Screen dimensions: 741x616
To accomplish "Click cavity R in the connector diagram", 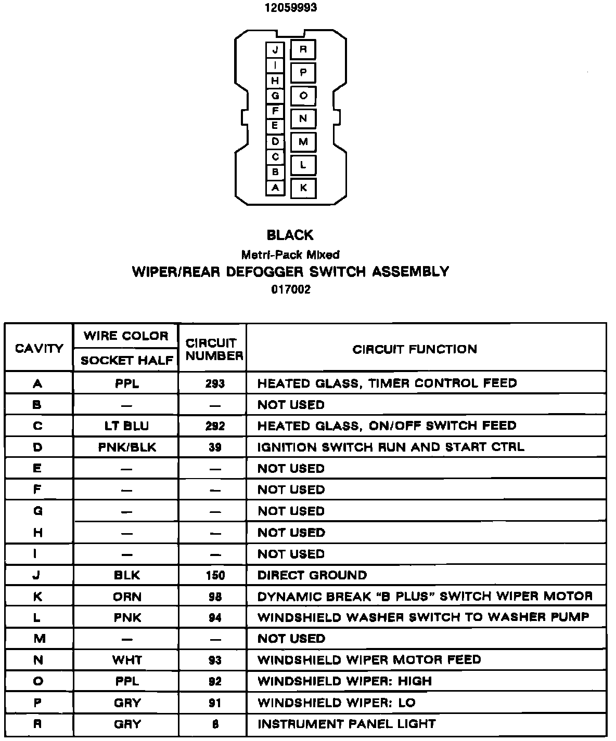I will tap(303, 50).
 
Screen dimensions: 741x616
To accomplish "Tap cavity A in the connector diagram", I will tap(275, 188).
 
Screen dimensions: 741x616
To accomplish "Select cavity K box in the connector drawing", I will tap(303, 188).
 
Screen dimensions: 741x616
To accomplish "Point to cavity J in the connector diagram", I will tap(275, 50).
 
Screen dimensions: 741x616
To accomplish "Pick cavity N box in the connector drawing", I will tap(303, 118).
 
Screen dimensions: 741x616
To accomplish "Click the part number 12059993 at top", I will tap(291, 8).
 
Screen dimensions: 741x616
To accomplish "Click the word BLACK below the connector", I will tap(290, 235).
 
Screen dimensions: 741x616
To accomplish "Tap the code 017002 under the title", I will tap(291, 290).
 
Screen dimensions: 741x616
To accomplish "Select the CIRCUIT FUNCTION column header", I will tap(415, 349).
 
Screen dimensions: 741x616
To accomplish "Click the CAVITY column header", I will tap(39, 349).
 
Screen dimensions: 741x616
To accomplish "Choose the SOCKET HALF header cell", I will tap(127, 361).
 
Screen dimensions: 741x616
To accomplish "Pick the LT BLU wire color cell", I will tap(126, 426).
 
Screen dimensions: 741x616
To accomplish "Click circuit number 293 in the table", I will tap(214, 384).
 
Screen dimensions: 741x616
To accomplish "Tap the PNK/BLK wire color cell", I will tap(126, 447).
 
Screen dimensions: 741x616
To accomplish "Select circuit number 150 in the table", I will tap(214, 575).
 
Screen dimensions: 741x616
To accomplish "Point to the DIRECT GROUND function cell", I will tap(312, 575).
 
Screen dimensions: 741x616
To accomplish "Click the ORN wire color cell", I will tap(126, 597).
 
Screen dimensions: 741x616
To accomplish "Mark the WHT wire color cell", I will tap(126, 660).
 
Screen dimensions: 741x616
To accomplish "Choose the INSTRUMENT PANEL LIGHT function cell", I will tap(346, 724).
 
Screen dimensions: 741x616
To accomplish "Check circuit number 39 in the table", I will tap(214, 447).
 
